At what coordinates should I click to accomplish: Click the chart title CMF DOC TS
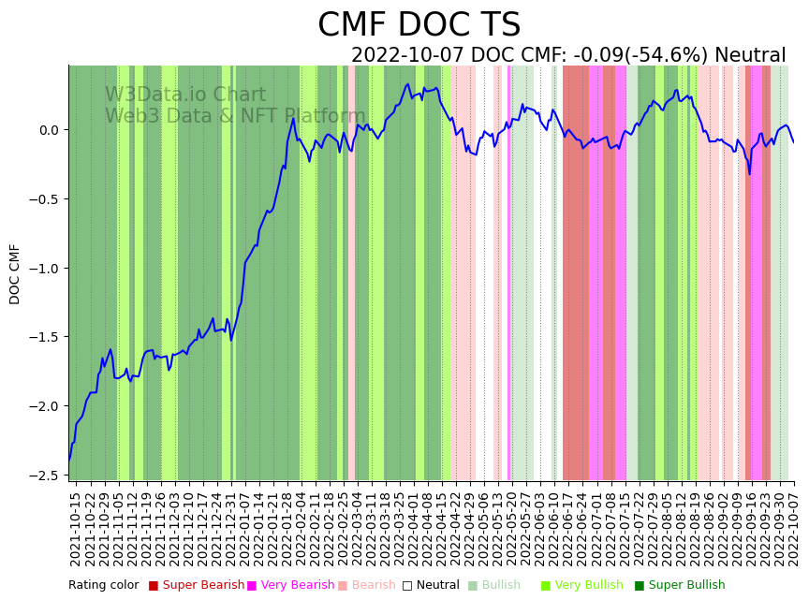click(x=419, y=25)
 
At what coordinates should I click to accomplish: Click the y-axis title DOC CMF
click(x=15, y=274)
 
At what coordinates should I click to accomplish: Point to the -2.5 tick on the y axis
click(x=47, y=476)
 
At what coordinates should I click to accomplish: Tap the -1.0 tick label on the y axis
click(x=47, y=269)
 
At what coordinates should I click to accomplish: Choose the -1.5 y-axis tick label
click(x=47, y=337)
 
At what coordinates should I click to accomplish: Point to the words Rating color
click(x=103, y=585)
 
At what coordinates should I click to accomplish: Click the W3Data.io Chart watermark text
click(x=184, y=95)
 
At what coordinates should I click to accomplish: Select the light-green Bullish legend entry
click(x=501, y=585)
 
